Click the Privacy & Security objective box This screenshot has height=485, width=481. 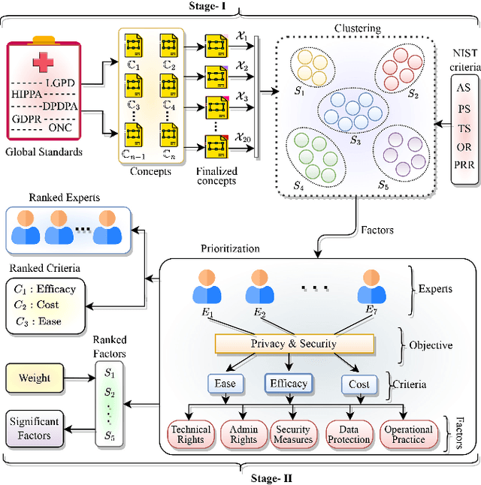(x=294, y=343)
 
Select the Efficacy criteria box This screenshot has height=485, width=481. (x=289, y=384)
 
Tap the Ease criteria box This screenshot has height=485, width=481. (x=225, y=384)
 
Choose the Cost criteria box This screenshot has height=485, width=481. (x=359, y=384)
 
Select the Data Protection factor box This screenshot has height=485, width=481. (x=349, y=434)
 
